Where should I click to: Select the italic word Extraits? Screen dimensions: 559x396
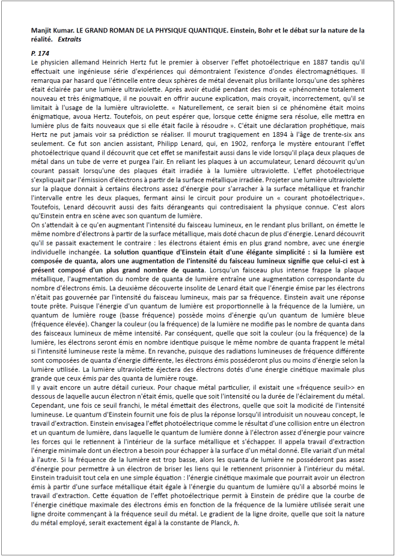[x=70, y=39]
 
